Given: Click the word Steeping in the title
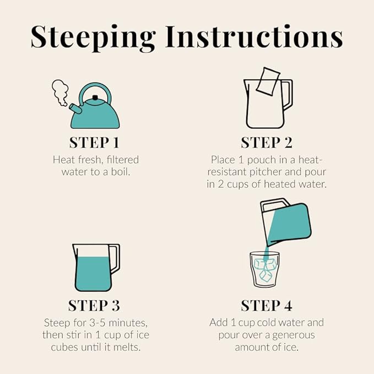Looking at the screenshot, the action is pos(94,38).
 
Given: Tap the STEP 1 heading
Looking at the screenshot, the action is pos(94,143).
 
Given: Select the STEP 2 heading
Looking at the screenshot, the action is pos(267,143).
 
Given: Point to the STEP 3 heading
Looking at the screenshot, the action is pos(94,306).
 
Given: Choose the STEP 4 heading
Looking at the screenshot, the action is pos(267,306).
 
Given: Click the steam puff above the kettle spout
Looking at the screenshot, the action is pos(60,93).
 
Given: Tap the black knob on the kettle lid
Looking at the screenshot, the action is pos(95,97).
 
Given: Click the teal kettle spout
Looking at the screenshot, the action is pos(75,109).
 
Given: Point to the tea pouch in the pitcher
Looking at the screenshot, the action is pos(268,82).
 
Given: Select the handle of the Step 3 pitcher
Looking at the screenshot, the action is pos(115,258).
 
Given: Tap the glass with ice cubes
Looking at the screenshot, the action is pos(264,269).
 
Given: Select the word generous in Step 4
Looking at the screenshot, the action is pos(294,335).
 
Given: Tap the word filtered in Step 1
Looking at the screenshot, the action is pos(123,160).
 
